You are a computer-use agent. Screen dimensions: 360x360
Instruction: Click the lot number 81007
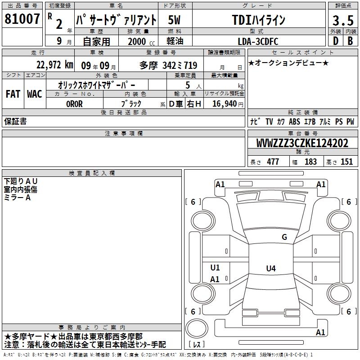pos(22,19)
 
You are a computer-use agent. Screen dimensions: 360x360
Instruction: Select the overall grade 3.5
pos(343,20)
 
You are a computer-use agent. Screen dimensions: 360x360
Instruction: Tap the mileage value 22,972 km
pos(55,65)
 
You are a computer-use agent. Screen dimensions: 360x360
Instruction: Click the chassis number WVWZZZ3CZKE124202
pos(302,143)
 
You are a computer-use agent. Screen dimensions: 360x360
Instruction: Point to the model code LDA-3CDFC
pos(258,41)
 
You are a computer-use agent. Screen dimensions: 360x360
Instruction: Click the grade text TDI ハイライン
pos(259,20)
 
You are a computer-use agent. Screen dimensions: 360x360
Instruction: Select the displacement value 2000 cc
pos(141,41)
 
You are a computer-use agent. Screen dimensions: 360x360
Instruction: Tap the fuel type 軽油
pos(175,41)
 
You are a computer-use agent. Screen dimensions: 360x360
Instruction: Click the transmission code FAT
pos(13,94)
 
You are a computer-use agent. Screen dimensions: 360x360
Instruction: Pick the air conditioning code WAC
pos(35,94)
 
